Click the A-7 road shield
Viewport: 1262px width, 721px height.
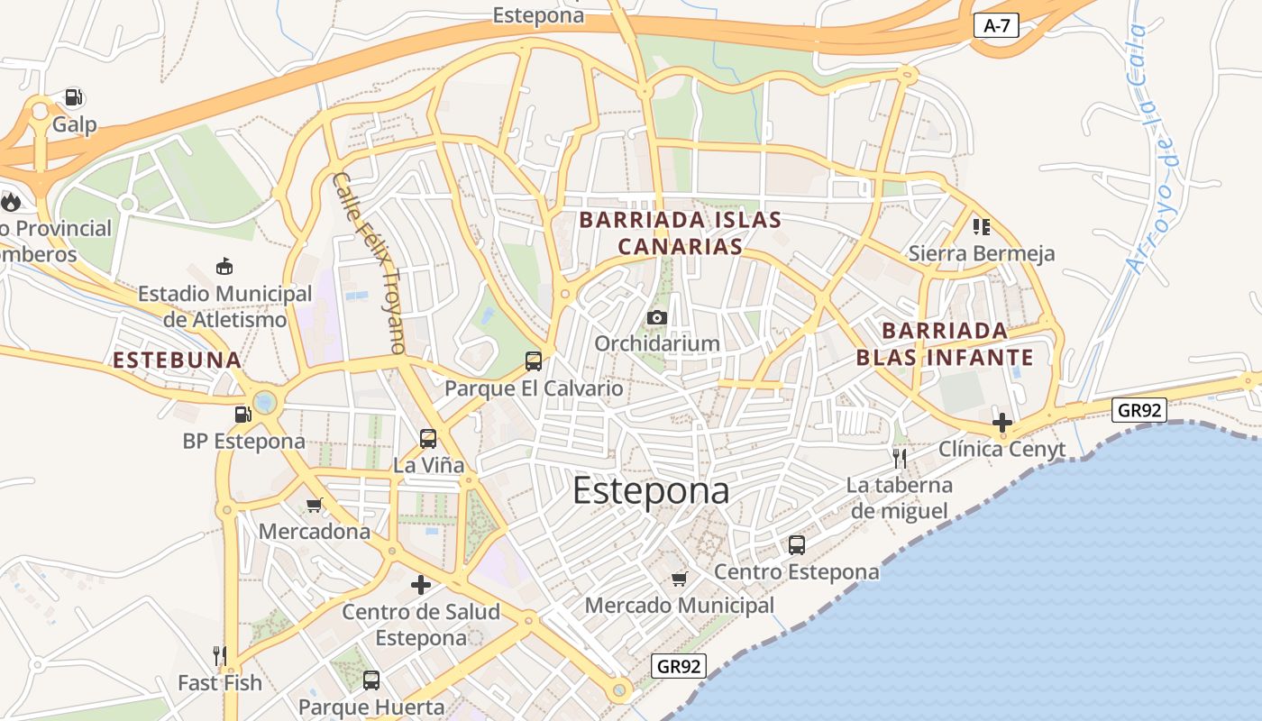tap(996, 26)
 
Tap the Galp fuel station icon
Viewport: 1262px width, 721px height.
tap(74, 97)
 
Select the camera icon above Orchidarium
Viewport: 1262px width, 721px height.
tap(657, 317)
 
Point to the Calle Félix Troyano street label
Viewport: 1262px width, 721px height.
tap(369, 262)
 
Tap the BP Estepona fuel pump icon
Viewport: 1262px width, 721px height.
tap(242, 415)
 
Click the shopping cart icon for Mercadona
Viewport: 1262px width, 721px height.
tap(315, 505)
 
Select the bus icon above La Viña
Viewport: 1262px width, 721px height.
tap(428, 439)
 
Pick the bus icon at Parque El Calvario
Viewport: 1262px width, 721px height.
tap(534, 361)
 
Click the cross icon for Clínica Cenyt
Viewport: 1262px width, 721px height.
tap(1002, 422)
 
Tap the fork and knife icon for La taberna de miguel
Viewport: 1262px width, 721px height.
tap(899, 459)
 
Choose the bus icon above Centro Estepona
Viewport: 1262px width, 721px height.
tap(797, 545)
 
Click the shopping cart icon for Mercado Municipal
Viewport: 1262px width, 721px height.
tap(680, 579)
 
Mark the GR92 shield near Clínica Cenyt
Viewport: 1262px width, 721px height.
tap(1139, 411)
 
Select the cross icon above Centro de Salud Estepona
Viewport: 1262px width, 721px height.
tap(421, 585)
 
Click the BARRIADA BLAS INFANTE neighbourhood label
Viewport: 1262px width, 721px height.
tap(944, 343)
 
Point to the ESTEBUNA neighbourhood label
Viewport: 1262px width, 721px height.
tap(177, 360)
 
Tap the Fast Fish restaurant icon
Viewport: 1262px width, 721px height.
tap(220, 655)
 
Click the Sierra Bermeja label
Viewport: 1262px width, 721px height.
tap(982, 253)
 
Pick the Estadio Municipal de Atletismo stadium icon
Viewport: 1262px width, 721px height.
tap(224, 266)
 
